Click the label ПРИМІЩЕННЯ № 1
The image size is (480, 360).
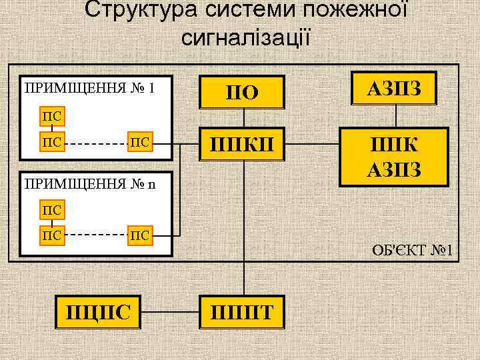click(x=89, y=87)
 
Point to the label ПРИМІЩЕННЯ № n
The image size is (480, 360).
click(x=89, y=181)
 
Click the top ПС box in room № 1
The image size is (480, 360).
click(x=52, y=116)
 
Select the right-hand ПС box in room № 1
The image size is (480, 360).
click(x=139, y=143)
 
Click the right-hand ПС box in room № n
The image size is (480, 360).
click(x=139, y=235)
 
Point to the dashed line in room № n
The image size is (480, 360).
click(x=95, y=235)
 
